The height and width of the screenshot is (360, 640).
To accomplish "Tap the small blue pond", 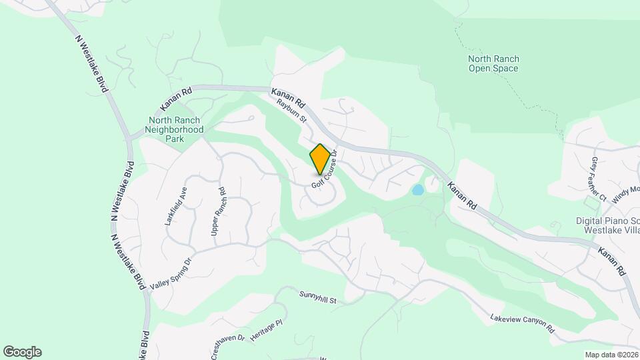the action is pyautogui.click(x=418, y=190).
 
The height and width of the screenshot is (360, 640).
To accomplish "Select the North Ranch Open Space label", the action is pyautogui.click(x=493, y=63).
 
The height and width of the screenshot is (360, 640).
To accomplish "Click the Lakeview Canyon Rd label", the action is pyautogui.click(x=522, y=324).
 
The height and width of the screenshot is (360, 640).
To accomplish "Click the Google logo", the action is pyautogui.click(x=22, y=352).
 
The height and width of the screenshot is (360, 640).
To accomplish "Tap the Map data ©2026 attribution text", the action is pyautogui.click(x=611, y=355).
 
